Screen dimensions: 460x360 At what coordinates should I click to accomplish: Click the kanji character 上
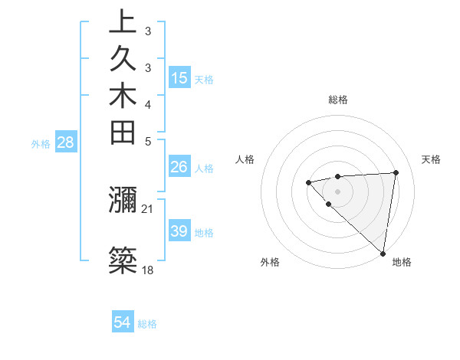coord(123,22)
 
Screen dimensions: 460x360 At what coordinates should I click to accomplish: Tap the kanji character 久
coord(123,60)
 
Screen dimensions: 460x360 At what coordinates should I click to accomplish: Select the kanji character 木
coord(123,97)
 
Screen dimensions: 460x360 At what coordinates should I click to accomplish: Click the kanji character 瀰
coord(123,201)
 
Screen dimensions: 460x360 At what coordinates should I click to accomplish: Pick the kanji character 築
coord(123,261)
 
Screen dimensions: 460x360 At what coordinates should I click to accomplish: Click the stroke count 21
coord(148,208)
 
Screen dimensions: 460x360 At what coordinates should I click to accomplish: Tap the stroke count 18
coord(148,270)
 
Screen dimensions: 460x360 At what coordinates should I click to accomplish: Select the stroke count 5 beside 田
coord(148,141)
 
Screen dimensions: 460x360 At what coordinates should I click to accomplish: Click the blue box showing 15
coord(179,77)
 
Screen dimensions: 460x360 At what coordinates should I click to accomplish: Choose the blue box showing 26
coord(179,167)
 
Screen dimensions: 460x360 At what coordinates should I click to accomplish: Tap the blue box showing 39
coord(179,231)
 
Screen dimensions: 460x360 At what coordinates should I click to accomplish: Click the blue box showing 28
coord(66,142)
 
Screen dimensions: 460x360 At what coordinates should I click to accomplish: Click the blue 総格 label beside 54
coord(147,324)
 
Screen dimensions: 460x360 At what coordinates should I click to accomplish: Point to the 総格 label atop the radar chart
coord(338,100)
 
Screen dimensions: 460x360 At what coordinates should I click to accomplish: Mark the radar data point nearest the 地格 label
coord(383,254)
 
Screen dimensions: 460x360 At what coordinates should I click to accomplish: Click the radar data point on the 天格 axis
coord(396,172)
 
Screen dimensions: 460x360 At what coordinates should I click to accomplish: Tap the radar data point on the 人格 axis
coord(308,182)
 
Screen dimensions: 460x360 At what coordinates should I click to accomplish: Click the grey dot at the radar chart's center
coord(338,191)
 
